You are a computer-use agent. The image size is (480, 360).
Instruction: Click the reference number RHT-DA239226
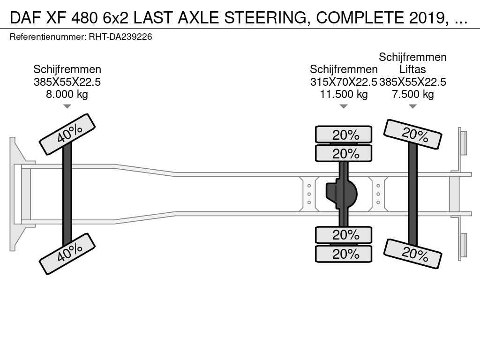pyautogui.click(x=120, y=37)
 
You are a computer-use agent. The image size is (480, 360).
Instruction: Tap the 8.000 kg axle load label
pyautogui.click(x=67, y=94)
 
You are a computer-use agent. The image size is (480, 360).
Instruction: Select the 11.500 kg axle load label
pyautogui.click(x=344, y=94)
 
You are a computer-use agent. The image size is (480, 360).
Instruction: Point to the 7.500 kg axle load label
pyautogui.click(x=412, y=94)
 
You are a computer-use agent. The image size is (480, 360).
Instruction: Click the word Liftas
pyautogui.click(x=412, y=69)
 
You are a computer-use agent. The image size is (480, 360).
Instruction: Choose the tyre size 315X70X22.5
pyautogui.click(x=344, y=82)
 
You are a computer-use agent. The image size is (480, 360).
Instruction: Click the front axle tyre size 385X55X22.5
pyautogui.click(x=67, y=82)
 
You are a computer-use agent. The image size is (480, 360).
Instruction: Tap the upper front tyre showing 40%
pyautogui.click(x=67, y=134)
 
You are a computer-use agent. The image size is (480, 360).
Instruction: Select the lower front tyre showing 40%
pyautogui.click(x=67, y=254)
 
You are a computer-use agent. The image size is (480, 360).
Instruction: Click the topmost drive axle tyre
pyautogui.click(x=344, y=135)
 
